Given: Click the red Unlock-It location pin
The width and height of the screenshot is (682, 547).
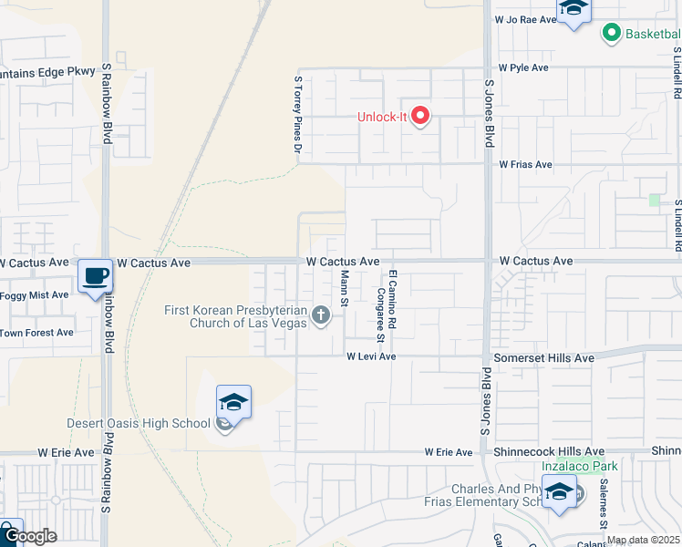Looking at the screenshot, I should pos(420,117).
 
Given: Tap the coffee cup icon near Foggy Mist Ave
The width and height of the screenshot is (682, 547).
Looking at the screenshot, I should pos(95,275).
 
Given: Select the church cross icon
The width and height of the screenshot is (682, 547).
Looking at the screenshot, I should pos(320,315).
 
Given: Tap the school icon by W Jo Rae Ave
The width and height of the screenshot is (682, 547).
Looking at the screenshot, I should pos(573,9).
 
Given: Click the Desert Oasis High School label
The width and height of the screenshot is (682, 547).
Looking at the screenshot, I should pos(139,423).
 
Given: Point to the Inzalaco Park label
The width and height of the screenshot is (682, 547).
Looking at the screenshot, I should pos(580,466).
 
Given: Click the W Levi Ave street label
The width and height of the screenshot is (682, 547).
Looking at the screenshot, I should pos(370,356).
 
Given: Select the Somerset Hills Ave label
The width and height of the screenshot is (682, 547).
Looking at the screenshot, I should pos(543,358).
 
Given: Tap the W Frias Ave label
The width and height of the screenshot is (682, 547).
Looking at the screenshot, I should pos(525,165).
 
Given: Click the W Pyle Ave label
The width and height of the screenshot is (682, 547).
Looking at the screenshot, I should pos(523,67).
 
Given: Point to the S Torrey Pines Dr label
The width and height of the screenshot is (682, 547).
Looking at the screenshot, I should pos(297,113).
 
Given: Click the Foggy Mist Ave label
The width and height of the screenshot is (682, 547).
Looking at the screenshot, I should pos(35,295).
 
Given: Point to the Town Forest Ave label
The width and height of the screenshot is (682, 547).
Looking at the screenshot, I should pos(36,333).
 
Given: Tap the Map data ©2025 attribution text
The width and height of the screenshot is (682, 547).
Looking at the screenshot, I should pos(643,540).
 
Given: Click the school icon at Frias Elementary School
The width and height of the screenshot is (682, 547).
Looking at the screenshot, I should pos(559,493).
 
